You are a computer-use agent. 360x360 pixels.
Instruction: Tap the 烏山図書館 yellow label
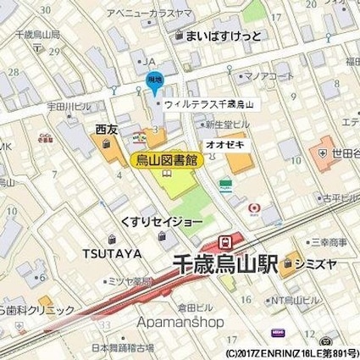166,159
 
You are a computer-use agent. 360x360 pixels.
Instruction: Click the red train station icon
225,241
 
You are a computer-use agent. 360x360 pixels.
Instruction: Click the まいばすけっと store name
223,36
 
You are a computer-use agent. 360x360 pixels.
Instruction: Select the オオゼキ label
225,145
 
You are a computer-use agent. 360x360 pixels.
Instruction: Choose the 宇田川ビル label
66,106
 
